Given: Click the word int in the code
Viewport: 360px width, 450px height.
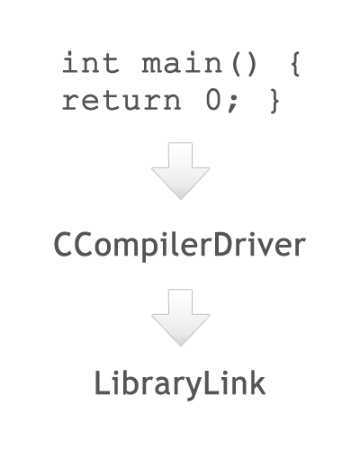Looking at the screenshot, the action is tap(91, 62).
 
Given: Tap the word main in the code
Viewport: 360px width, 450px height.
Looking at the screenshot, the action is tap(182, 62).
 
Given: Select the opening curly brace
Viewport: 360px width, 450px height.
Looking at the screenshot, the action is tap(295, 64).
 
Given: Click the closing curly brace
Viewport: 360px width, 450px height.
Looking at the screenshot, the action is tap(274, 101).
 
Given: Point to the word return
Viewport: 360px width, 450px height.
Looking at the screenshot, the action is tap(121, 101).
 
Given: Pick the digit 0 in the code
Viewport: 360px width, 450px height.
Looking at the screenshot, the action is tap(213, 100).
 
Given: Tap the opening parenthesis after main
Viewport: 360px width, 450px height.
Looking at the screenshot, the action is tap(236, 64).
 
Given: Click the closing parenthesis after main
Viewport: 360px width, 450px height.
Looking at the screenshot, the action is tap(252, 64).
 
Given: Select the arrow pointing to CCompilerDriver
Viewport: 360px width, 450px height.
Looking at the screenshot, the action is tap(180, 171).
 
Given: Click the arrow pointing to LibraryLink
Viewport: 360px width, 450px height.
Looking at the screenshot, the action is tap(180, 318).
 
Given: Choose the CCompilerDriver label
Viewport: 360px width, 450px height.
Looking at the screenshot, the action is tap(180, 246).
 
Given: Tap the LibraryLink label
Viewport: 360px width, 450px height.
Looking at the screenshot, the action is tap(180, 384).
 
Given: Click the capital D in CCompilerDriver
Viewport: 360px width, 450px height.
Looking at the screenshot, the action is tap(225, 245).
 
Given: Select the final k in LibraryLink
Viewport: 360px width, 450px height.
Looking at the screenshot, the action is tap(257, 382).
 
